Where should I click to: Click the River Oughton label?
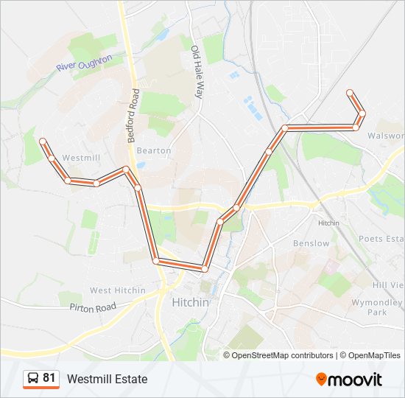85,64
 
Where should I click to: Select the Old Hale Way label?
197,72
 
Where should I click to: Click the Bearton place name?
154,150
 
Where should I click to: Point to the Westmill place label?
80,158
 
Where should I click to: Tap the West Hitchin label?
118,290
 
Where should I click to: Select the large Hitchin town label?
190,302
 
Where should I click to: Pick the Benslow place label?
311,243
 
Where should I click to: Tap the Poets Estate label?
381,239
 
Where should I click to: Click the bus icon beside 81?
33,379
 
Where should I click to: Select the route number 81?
49,378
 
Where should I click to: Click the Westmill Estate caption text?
107,379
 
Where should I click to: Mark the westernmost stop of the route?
43,141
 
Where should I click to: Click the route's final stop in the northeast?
350,92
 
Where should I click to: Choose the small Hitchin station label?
328,223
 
